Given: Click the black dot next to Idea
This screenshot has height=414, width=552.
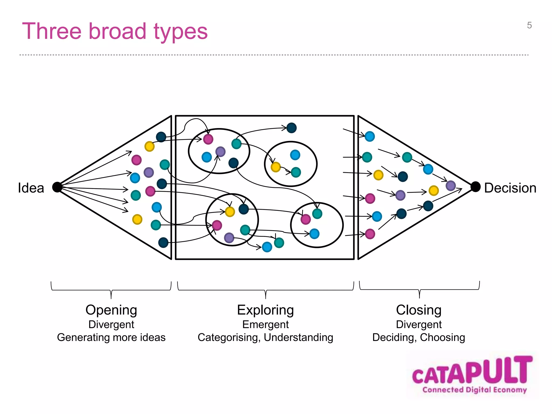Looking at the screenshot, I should pyautogui.click(x=57, y=187).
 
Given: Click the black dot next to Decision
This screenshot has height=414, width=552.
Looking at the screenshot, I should pyautogui.click(x=475, y=187).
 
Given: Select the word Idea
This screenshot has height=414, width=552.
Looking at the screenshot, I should pyautogui.click(x=31, y=188).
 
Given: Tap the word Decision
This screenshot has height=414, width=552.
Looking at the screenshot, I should pyautogui.click(x=510, y=188).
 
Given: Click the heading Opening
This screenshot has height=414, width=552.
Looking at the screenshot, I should pyautogui.click(x=111, y=310).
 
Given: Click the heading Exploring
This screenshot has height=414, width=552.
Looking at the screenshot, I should pyautogui.click(x=265, y=310).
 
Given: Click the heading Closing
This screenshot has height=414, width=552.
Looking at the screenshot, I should pyautogui.click(x=419, y=310).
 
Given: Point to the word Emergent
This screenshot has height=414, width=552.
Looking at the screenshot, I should pyautogui.click(x=265, y=325).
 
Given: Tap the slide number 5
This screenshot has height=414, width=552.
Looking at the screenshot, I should pyautogui.click(x=529, y=25).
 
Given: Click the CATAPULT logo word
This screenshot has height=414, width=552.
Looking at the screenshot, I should pyautogui.click(x=472, y=371).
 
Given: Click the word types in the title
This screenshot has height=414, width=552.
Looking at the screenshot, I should pyautogui.click(x=181, y=32).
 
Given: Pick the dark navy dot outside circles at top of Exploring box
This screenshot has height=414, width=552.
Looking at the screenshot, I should pyautogui.click(x=291, y=128).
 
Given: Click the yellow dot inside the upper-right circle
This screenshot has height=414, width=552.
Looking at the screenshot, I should pyautogui.click(x=276, y=167).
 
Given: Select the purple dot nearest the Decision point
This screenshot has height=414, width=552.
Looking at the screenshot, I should pyautogui.click(x=451, y=186).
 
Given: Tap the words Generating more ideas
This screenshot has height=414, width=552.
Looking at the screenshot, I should pyautogui.click(x=111, y=338).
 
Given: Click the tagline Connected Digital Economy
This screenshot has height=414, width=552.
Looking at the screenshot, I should pyautogui.click(x=474, y=390).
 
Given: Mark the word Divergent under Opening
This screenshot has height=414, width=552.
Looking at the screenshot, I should pyautogui.click(x=111, y=325).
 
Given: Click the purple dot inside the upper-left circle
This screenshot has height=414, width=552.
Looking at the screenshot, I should pyautogui.click(x=220, y=152).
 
